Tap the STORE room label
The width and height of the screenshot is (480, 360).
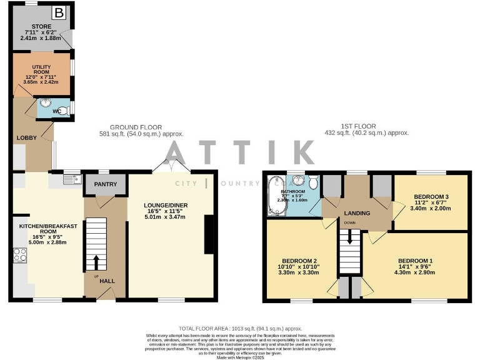pyautogui.click(x=39, y=27)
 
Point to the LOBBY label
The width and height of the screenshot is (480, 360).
pyautogui.click(x=27, y=137)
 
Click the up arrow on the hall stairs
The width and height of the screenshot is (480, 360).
pyautogui.click(x=96, y=262)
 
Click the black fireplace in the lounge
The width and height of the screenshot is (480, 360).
pyautogui.click(x=208, y=234)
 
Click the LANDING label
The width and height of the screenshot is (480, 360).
pyautogui.click(x=357, y=213)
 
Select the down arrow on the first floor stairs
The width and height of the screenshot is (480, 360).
pyautogui.click(x=350, y=237)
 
